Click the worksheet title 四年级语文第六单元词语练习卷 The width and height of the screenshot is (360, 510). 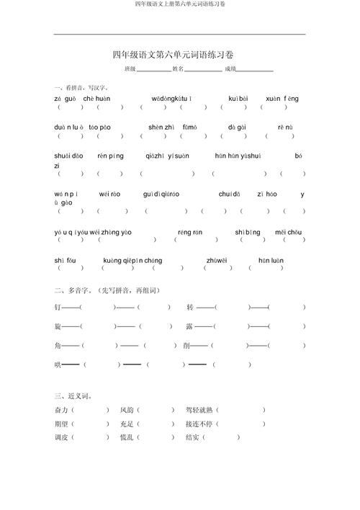tap(178, 55)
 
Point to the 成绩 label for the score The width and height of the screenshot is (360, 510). tap(230, 70)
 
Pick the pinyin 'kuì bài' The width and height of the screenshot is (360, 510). tap(238, 98)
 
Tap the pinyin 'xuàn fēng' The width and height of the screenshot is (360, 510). tap(282, 98)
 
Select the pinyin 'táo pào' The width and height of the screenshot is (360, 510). tap(99, 127)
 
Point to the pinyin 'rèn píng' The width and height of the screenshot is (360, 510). tap(111, 156)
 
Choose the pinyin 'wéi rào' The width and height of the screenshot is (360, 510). tap(109, 194)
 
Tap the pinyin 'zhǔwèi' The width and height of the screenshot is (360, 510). tap(217, 260)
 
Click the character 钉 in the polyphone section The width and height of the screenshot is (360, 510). tap(58, 307)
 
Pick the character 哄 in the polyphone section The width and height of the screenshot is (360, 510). tap(58, 364)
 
